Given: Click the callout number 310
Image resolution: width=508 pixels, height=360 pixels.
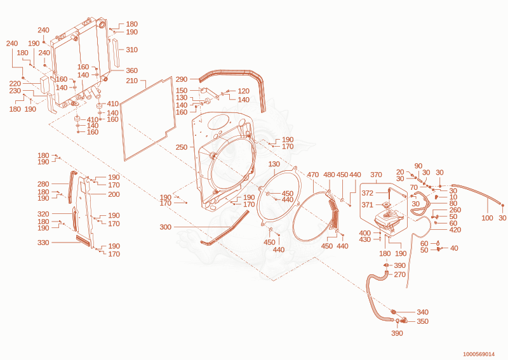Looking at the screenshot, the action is [132, 50].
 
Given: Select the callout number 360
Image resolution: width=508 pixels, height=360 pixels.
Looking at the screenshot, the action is [132, 70].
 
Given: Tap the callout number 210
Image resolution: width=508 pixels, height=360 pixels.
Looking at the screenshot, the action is [132, 81].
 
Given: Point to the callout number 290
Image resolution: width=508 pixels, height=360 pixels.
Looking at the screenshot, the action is [182, 79].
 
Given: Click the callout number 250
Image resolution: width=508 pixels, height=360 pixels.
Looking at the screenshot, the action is [182, 147].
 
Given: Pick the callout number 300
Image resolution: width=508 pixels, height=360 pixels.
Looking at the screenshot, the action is [165, 227].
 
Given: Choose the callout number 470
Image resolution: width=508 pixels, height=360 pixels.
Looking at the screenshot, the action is [313, 175].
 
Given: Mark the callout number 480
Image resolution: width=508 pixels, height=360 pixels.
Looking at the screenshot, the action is [329, 175].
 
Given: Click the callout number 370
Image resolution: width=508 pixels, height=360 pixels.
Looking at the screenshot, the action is [376, 175].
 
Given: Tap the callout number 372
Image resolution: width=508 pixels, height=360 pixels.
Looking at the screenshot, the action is [368, 193].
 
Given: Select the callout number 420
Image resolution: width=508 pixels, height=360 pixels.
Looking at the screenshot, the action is [455, 230].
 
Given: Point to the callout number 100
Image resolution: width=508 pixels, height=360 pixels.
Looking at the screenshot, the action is [487, 218].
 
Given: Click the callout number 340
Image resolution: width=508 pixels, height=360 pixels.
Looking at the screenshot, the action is [422, 312].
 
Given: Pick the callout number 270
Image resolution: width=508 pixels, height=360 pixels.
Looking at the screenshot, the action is [400, 274].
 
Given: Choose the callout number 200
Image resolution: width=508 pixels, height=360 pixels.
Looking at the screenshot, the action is [114, 194].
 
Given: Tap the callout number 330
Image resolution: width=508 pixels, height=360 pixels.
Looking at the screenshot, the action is [43, 243].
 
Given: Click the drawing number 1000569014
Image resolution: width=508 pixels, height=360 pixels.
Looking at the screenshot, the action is [479, 354].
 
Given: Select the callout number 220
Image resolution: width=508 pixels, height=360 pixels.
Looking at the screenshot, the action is [15, 84].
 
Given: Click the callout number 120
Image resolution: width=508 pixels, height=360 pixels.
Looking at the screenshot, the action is [243, 91].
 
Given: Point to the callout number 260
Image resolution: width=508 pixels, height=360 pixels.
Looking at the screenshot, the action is [455, 210].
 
